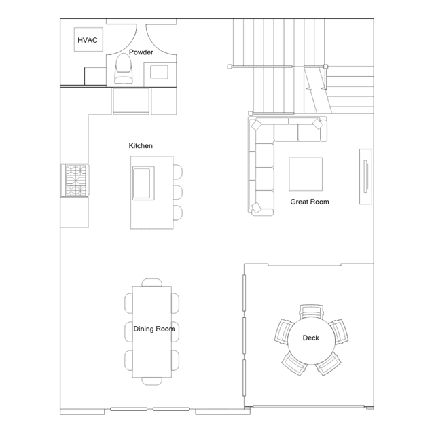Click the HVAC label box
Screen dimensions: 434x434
88,39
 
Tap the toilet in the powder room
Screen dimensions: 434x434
124,69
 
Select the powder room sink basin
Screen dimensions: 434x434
159,72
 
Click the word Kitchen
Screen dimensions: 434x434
141,145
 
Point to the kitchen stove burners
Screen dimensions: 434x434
76,181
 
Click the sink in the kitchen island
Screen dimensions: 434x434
143,183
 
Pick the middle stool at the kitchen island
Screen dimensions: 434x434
178,192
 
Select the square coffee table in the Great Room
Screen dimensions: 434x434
306,174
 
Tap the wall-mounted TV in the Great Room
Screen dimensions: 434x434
365,177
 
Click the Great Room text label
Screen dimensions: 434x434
310,202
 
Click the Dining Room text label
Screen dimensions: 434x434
154,329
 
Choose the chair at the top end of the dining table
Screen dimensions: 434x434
152,283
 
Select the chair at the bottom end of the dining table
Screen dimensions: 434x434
152,381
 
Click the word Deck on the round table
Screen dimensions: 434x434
310,338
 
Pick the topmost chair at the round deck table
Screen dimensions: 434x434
311,311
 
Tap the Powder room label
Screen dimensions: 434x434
141,52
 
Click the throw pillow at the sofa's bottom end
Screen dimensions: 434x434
257,207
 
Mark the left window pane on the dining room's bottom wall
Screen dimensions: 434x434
128,409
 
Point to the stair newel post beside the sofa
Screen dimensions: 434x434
251,113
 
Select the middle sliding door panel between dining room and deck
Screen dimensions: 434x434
244,336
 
